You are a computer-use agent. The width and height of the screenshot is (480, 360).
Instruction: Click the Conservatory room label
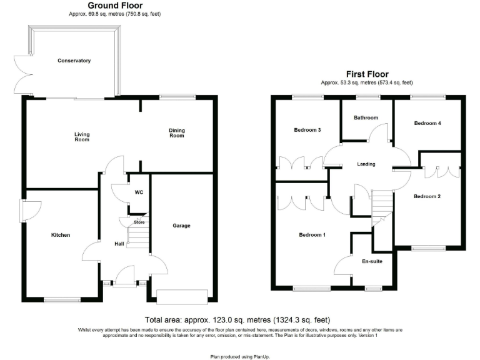point(74,61)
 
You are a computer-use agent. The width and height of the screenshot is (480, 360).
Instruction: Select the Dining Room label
point(177,132)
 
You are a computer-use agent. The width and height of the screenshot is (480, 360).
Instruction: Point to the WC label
point(139,192)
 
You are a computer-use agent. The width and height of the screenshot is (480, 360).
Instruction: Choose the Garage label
point(181,226)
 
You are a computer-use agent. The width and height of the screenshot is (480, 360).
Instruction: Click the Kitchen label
point(61,235)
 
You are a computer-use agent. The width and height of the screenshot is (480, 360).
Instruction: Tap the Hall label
point(119,244)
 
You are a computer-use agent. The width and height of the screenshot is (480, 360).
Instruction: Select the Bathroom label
point(366,117)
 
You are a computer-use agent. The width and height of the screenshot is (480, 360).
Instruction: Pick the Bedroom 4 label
point(427,124)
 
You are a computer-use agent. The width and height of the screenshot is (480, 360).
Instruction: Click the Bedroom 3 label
point(307,130)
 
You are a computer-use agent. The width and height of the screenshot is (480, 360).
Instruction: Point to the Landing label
point(366,164)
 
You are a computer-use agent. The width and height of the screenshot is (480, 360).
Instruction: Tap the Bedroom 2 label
point(427,196)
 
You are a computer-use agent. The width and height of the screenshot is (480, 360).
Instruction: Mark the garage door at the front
point(182,296)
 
